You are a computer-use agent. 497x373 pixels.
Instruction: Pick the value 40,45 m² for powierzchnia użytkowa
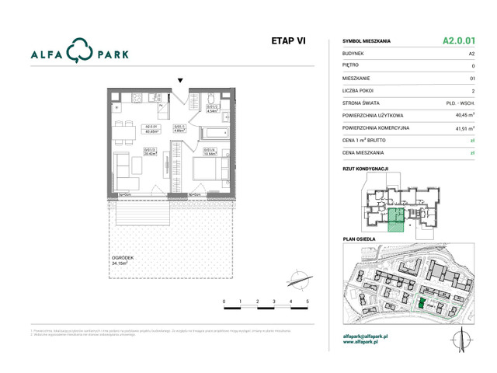(x=464, y=115)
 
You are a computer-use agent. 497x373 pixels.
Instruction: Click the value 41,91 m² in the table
(x=464, y=128)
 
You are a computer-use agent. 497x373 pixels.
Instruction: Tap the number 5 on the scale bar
(x=308, y=300)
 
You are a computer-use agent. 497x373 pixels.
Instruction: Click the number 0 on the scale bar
(x=224, y=300)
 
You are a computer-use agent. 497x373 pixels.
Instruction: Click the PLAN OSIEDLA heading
(x=359, y=239)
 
